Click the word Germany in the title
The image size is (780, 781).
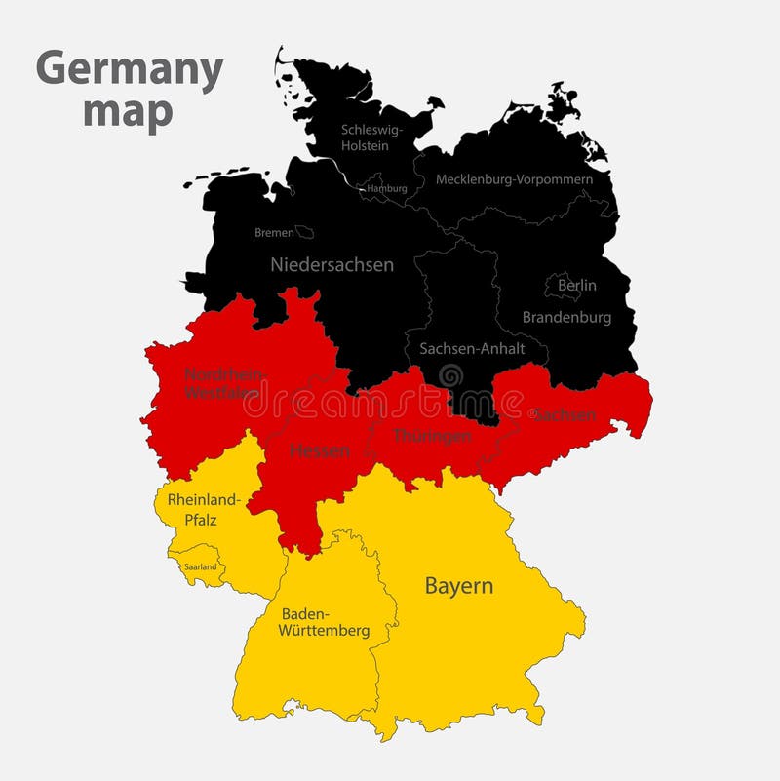click(x=130, y=71)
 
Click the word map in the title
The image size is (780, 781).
click(x=128, y=111)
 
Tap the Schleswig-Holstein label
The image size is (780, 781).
click(x=366, y=137)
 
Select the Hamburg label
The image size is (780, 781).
click(x=386, y=188)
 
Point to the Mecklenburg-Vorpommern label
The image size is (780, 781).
click(x=514, y=179)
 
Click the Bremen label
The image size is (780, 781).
click(x=274, y=233)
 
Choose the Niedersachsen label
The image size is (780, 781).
click(x=331, y=264)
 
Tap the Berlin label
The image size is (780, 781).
click(x=576, y=286)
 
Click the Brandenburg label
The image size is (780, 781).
click(x=566, y=317)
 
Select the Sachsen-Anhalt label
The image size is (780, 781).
click(x=472, y=348)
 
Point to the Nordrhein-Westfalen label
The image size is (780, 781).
click(x=222, y=383)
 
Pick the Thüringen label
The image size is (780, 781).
click(x=432, y=436)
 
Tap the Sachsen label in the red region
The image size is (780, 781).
click(x=564, y=414)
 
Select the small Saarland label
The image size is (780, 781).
click(x=200, y=566)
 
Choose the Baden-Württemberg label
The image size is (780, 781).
click(x=324, y=622)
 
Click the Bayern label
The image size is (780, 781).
click(x=458, y=586)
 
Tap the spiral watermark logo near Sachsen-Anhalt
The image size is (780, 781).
click(x=451, y=375)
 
